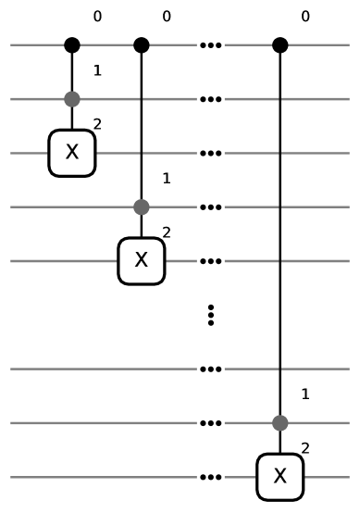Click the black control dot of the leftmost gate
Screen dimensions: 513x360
click(x=72, y=44)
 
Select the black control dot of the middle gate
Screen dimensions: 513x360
click(x=141, y=44)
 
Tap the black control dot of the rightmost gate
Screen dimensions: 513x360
click(x=280, y=44)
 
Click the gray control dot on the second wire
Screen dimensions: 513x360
click(x=72, y=98)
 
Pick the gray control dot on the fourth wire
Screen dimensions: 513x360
click(x=141, y=206)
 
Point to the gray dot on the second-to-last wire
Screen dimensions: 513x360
click(x=280, y=423)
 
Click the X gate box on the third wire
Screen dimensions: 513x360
click(x=72, y=153)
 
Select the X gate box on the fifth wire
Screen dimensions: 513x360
click(x=141, y=261)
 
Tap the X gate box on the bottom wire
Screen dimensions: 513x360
click(x=280, y=477)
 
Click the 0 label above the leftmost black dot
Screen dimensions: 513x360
click(x=97, y=17)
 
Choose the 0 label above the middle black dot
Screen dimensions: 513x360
click(x=166, y=17)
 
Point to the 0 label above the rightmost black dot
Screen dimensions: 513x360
click(x=305, y=17)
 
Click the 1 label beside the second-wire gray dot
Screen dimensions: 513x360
click(x=97, y=70)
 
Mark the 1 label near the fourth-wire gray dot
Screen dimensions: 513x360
click(x=166, y=178)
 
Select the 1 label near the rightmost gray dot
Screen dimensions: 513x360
click(x=305, y=394)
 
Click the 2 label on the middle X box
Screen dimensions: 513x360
click(x=166, y=232)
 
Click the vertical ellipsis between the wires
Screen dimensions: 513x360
click(x=211, y=315)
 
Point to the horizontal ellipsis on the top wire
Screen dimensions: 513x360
click(x=211, y=44)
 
